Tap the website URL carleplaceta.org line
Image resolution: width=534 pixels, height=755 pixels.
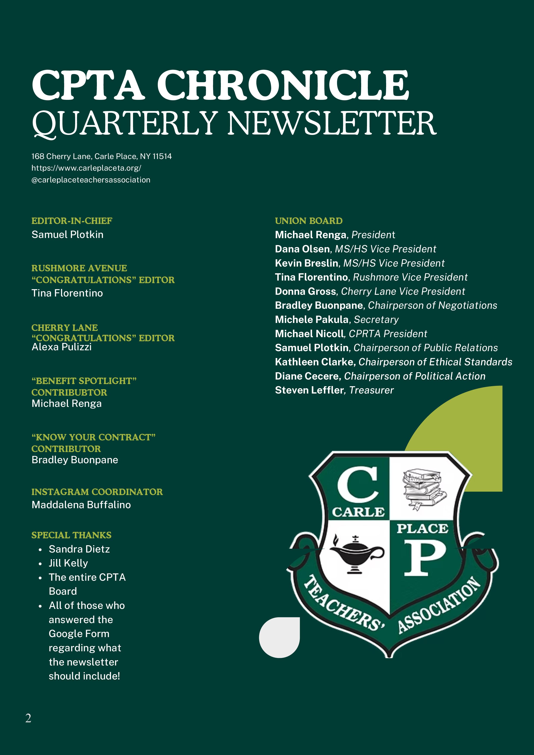(x=86, y=168)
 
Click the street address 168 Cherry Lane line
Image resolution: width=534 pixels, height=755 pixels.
(x=101, y=156)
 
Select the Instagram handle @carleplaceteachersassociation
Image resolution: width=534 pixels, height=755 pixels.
(x=91, y=180)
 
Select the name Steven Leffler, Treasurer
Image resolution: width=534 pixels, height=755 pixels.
(x=334, y=390)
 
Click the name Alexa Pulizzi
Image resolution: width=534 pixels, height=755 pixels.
(x=62, y=347)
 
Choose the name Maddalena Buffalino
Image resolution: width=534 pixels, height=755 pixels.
(x=81, y=505)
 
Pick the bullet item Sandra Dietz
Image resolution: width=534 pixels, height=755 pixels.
(x=79, y=549)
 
